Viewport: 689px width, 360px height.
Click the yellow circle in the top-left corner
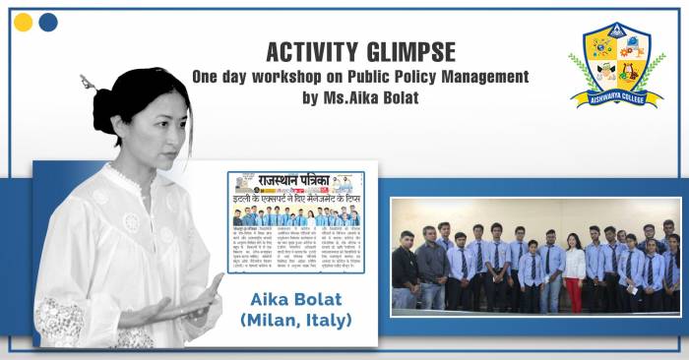tap(24, 23)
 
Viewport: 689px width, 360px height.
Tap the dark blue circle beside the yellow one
tap(47, 23)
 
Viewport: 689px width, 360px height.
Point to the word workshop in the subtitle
tap(277, 76)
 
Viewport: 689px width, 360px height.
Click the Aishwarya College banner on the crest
tap(616, 96)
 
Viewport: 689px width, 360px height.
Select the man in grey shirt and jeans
tap(431, 270)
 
